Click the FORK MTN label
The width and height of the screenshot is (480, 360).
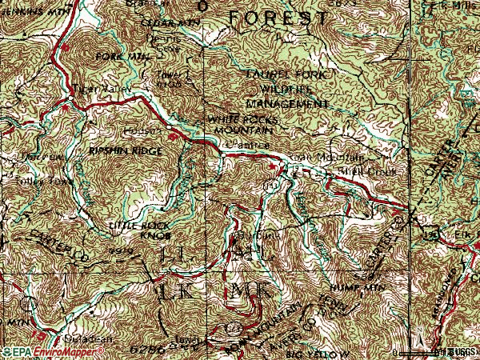[112, 57]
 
